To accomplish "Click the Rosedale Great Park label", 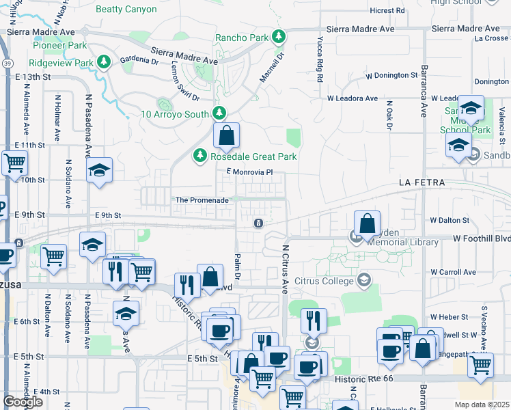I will pos(253,156).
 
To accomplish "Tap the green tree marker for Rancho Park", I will pos(278,37).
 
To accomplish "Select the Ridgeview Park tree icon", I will pos(103,63).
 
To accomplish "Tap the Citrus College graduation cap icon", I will pos(364,279).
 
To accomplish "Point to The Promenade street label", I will pos(202,200).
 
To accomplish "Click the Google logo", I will pos(23,402).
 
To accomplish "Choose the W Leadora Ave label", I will pos(352,98).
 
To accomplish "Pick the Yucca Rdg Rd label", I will pos(319,61).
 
